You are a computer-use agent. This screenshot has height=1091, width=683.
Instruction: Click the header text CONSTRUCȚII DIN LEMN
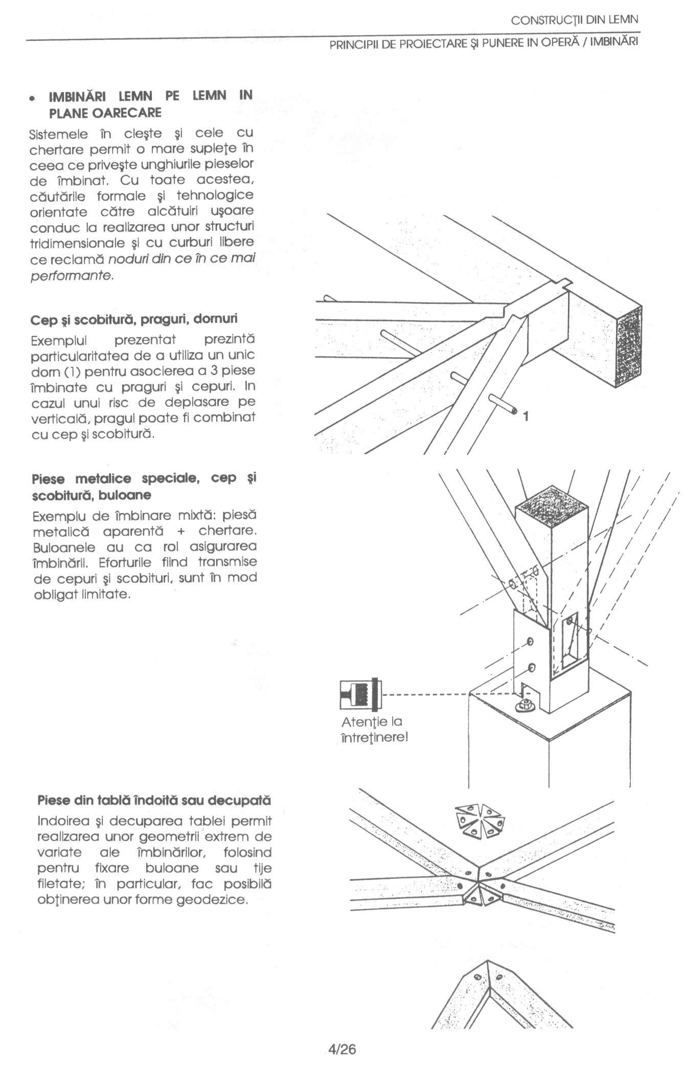click(575, 20)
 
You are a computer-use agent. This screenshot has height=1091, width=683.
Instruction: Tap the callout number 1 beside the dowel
click(526, 417)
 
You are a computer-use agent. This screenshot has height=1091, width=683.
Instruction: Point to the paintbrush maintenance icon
click(359, 694)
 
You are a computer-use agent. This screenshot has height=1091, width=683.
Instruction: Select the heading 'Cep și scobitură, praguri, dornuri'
click(134, 319)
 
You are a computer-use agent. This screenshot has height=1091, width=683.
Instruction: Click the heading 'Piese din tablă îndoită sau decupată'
click(154, 800)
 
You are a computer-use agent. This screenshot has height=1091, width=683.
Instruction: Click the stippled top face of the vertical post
click(552, 509)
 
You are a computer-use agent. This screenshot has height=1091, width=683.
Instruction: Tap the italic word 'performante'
click(71, 275)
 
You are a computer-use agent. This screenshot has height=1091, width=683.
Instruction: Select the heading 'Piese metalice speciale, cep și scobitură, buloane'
click(144, 487)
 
